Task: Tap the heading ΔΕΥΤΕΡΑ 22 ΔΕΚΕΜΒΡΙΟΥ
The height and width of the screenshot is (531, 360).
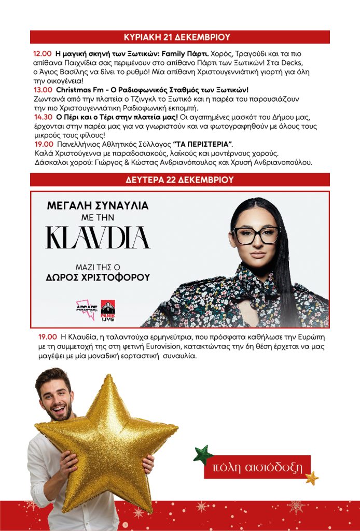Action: pos(179,180)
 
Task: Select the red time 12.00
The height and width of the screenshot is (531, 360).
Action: pos(42,53)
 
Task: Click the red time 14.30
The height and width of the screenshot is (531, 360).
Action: pos(42,117)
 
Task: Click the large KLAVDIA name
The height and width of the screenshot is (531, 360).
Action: pos(98,237)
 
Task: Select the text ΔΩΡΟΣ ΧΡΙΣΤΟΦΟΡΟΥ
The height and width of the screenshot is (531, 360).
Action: pos(98,277)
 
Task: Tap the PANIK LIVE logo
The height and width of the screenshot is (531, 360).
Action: pos(108,310)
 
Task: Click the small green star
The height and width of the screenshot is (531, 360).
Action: pos(203,454)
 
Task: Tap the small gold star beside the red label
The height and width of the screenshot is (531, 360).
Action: pos(312,478)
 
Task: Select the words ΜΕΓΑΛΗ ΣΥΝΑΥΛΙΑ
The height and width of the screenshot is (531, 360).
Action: pos(98,205)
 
